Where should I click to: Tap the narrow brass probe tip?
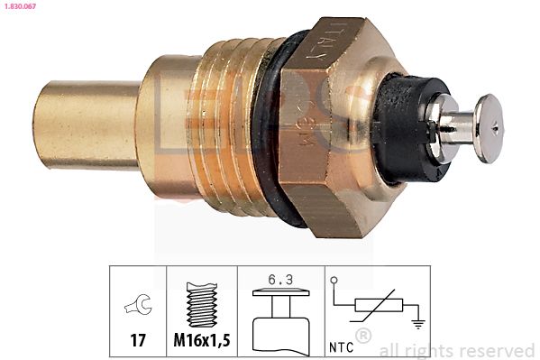point(86,125)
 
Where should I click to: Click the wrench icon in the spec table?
point(138,307)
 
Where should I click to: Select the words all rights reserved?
point(456,350)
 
